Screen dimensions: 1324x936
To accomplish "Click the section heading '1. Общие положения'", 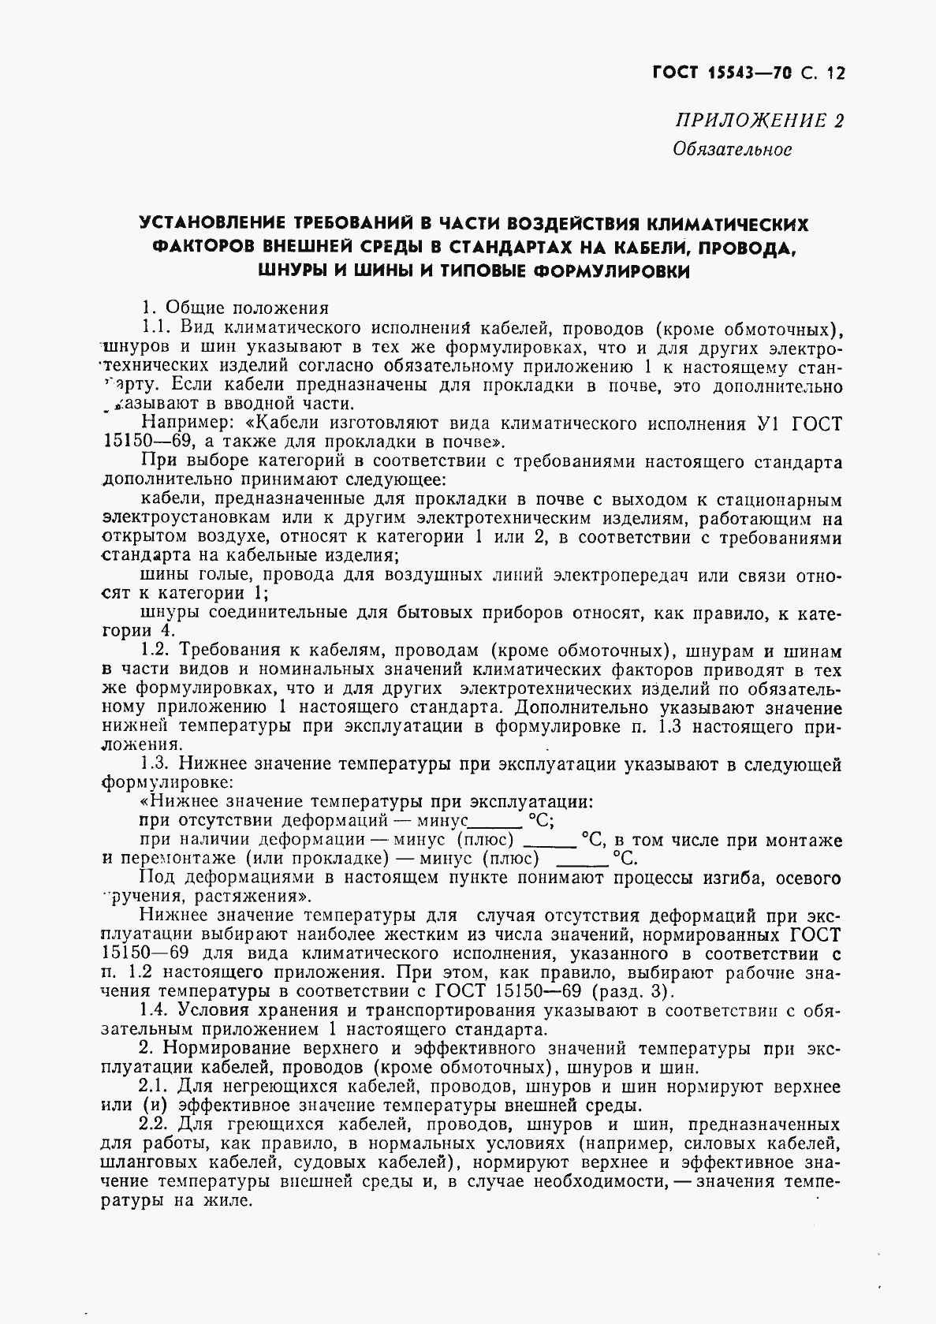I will pyautogui.click(x=234, y=308).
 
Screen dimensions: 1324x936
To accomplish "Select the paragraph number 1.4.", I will pyautogui.click(x=155, y=1010).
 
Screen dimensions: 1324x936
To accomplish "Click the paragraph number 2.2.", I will pyautogui.click(x=155, y=1124).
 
